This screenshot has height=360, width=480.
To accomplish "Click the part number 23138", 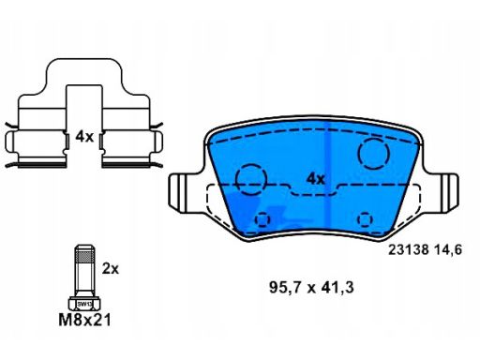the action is (408, 250).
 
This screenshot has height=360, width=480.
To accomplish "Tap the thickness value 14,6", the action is (447, 250).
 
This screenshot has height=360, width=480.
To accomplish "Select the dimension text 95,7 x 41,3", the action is (311, 288).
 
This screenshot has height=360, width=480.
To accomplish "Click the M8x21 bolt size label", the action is (84, 320).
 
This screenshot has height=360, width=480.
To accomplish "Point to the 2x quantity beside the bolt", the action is (111, 269).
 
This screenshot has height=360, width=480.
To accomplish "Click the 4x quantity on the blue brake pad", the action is (316, 179).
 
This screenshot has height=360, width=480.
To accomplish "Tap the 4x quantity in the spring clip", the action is (84, 137).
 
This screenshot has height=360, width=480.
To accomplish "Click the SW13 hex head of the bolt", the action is (84, 304).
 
